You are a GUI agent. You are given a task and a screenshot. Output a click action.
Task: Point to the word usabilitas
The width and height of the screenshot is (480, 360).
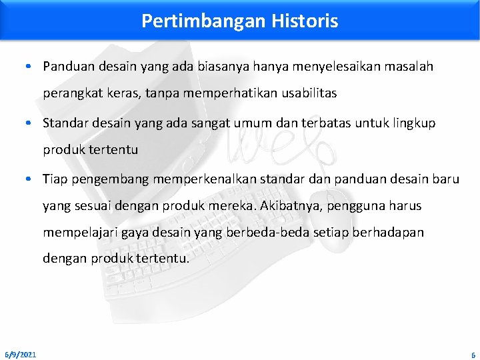click(x=308, y=93)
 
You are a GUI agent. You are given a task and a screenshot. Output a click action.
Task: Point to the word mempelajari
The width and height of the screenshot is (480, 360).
click(x=74, y=233)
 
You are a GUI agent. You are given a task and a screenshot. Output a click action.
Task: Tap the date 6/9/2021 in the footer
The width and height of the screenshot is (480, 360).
click(x=21, y=354)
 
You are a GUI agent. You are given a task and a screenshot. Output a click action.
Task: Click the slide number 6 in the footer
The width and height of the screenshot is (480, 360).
click(x=473, y=354)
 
